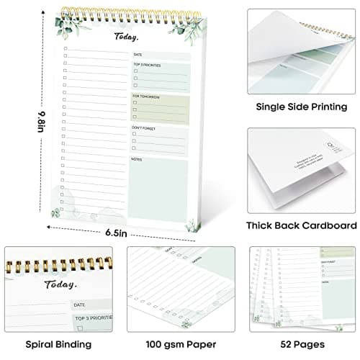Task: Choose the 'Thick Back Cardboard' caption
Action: coord(301,225)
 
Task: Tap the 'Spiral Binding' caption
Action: coord(58,344)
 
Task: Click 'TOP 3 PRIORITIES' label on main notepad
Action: coord(147,65)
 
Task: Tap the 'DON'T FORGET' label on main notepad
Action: coord(144,127)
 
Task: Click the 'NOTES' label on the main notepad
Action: coord(137,158)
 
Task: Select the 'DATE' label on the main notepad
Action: coord(138,55)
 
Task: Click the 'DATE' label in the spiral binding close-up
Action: coord(79,305)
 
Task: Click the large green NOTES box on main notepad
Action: coord(159,191)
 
